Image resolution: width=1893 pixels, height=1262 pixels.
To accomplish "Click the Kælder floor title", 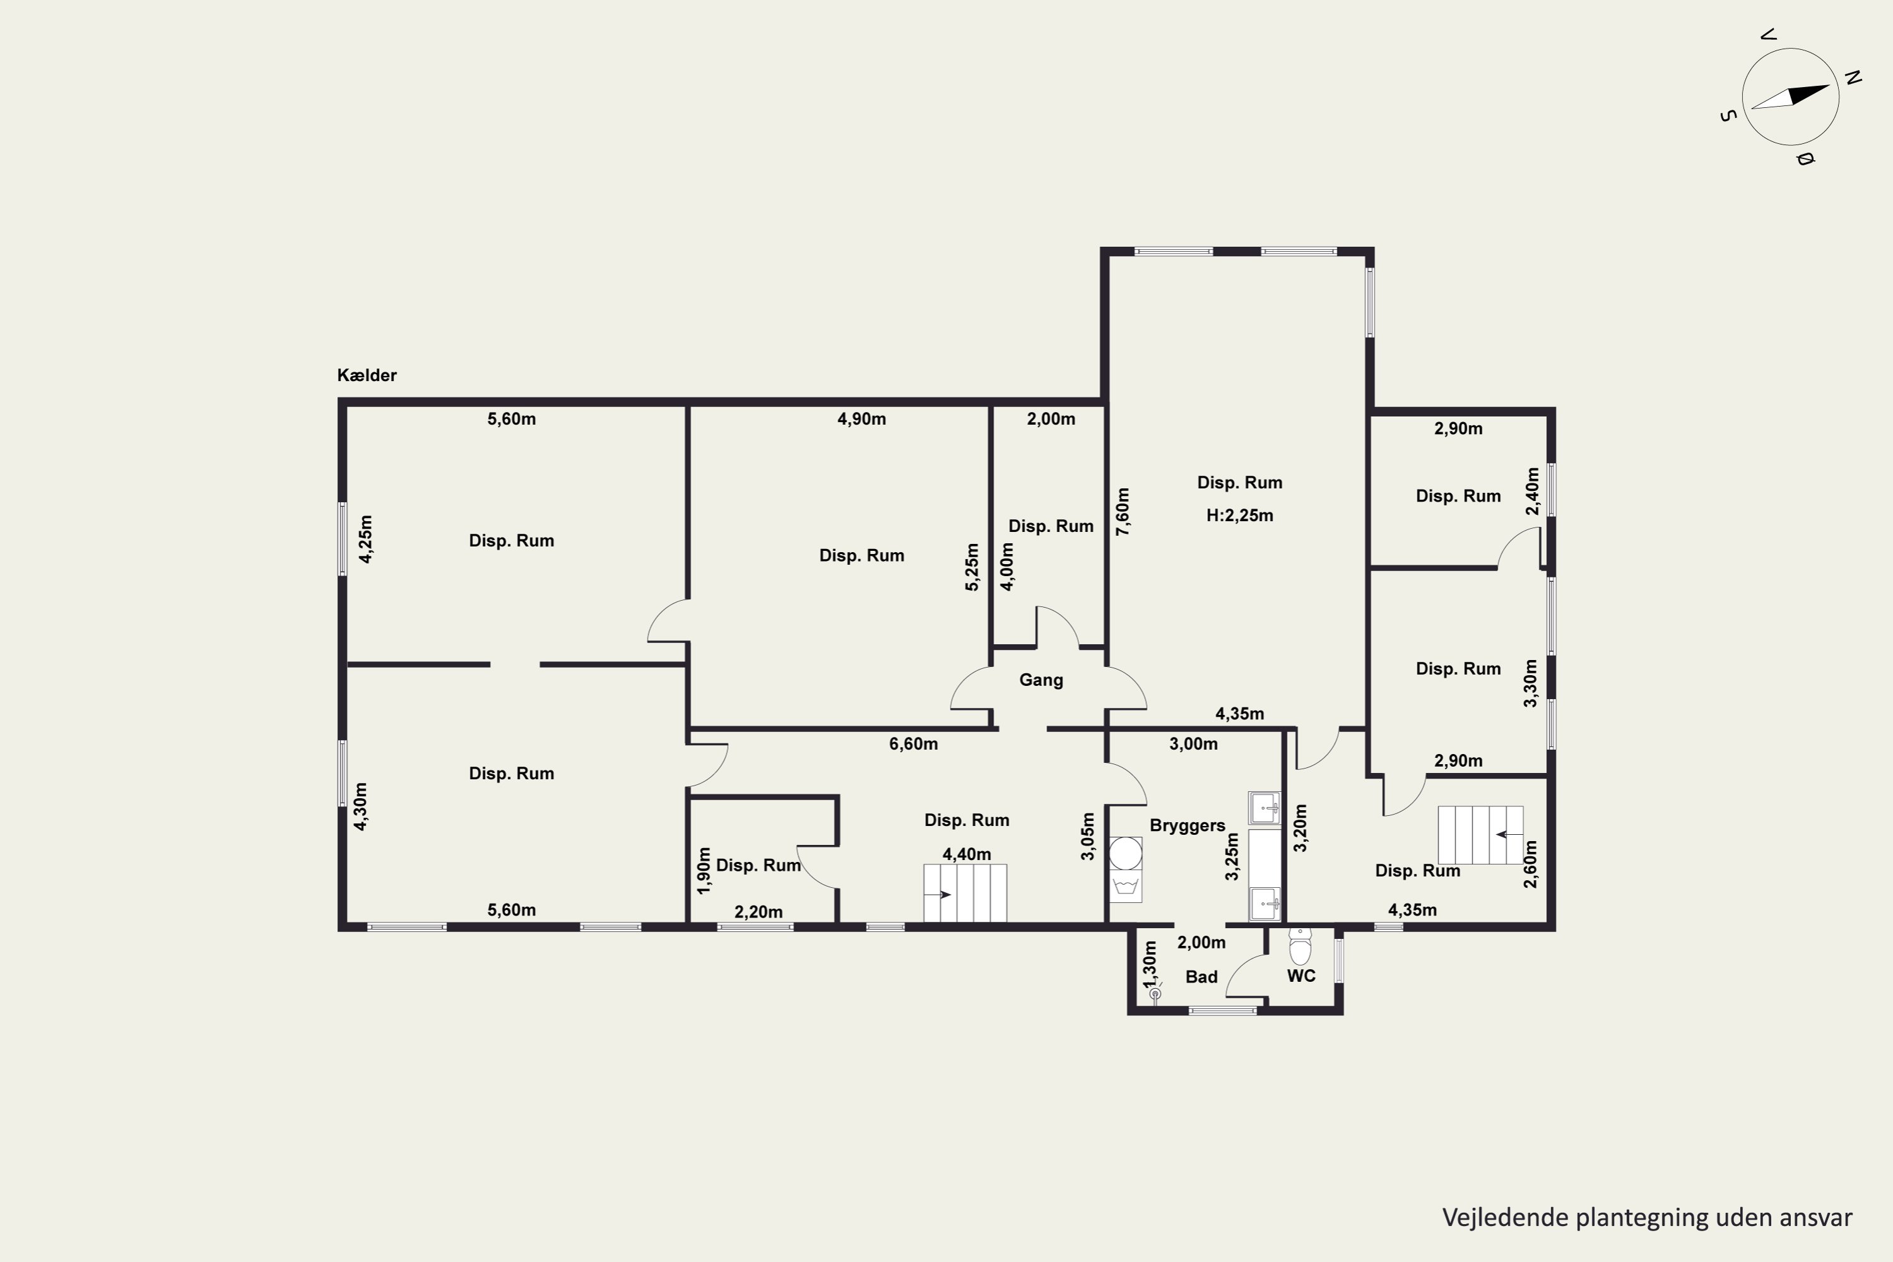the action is [367, 375].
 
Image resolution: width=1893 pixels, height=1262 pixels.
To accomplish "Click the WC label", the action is [1301, 976].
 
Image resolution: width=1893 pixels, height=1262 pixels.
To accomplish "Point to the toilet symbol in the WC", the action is [1300, 946].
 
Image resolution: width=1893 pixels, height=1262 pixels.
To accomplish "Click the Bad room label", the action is [1201, 977].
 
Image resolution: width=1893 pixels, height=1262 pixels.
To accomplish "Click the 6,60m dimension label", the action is [914, 745].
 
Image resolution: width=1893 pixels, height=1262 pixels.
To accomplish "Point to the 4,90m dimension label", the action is [861, 420].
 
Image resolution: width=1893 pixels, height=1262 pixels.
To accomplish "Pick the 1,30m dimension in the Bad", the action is [1150, 964].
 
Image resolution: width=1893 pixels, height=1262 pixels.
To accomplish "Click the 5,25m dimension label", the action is [972, 567].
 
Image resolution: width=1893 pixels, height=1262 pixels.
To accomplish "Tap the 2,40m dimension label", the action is [1533, 492].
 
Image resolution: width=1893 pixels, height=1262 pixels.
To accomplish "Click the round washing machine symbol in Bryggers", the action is [1125, 854].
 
